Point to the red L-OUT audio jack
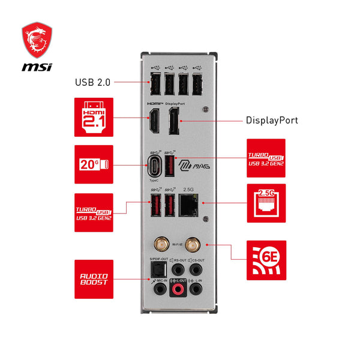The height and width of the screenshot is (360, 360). [178, 290]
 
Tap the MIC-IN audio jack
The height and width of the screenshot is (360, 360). [158, 290]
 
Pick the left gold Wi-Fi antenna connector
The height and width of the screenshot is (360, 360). [161, 244]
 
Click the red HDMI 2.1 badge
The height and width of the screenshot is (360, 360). [94, 118]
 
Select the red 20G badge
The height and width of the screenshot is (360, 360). [94, 164]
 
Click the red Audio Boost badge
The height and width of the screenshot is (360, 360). [94, 279]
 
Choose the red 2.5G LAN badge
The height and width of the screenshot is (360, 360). [266, 203]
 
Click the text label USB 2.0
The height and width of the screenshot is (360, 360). [92, 82]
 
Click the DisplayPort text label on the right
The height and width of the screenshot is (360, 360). [272, 121]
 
